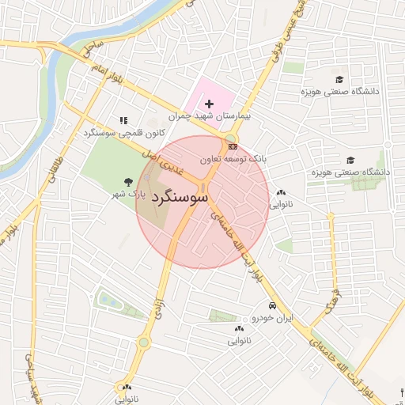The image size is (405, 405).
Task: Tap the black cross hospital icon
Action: point(209,104)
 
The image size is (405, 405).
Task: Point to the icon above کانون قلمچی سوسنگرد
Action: point(123,121)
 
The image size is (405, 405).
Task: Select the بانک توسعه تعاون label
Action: point(233,159)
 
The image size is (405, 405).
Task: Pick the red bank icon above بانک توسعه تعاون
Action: point(232,147)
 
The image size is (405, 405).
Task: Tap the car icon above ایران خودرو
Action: point(272,306)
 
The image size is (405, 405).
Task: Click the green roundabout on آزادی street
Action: point(144,343)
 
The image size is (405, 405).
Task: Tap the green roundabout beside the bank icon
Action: point(229,138)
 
